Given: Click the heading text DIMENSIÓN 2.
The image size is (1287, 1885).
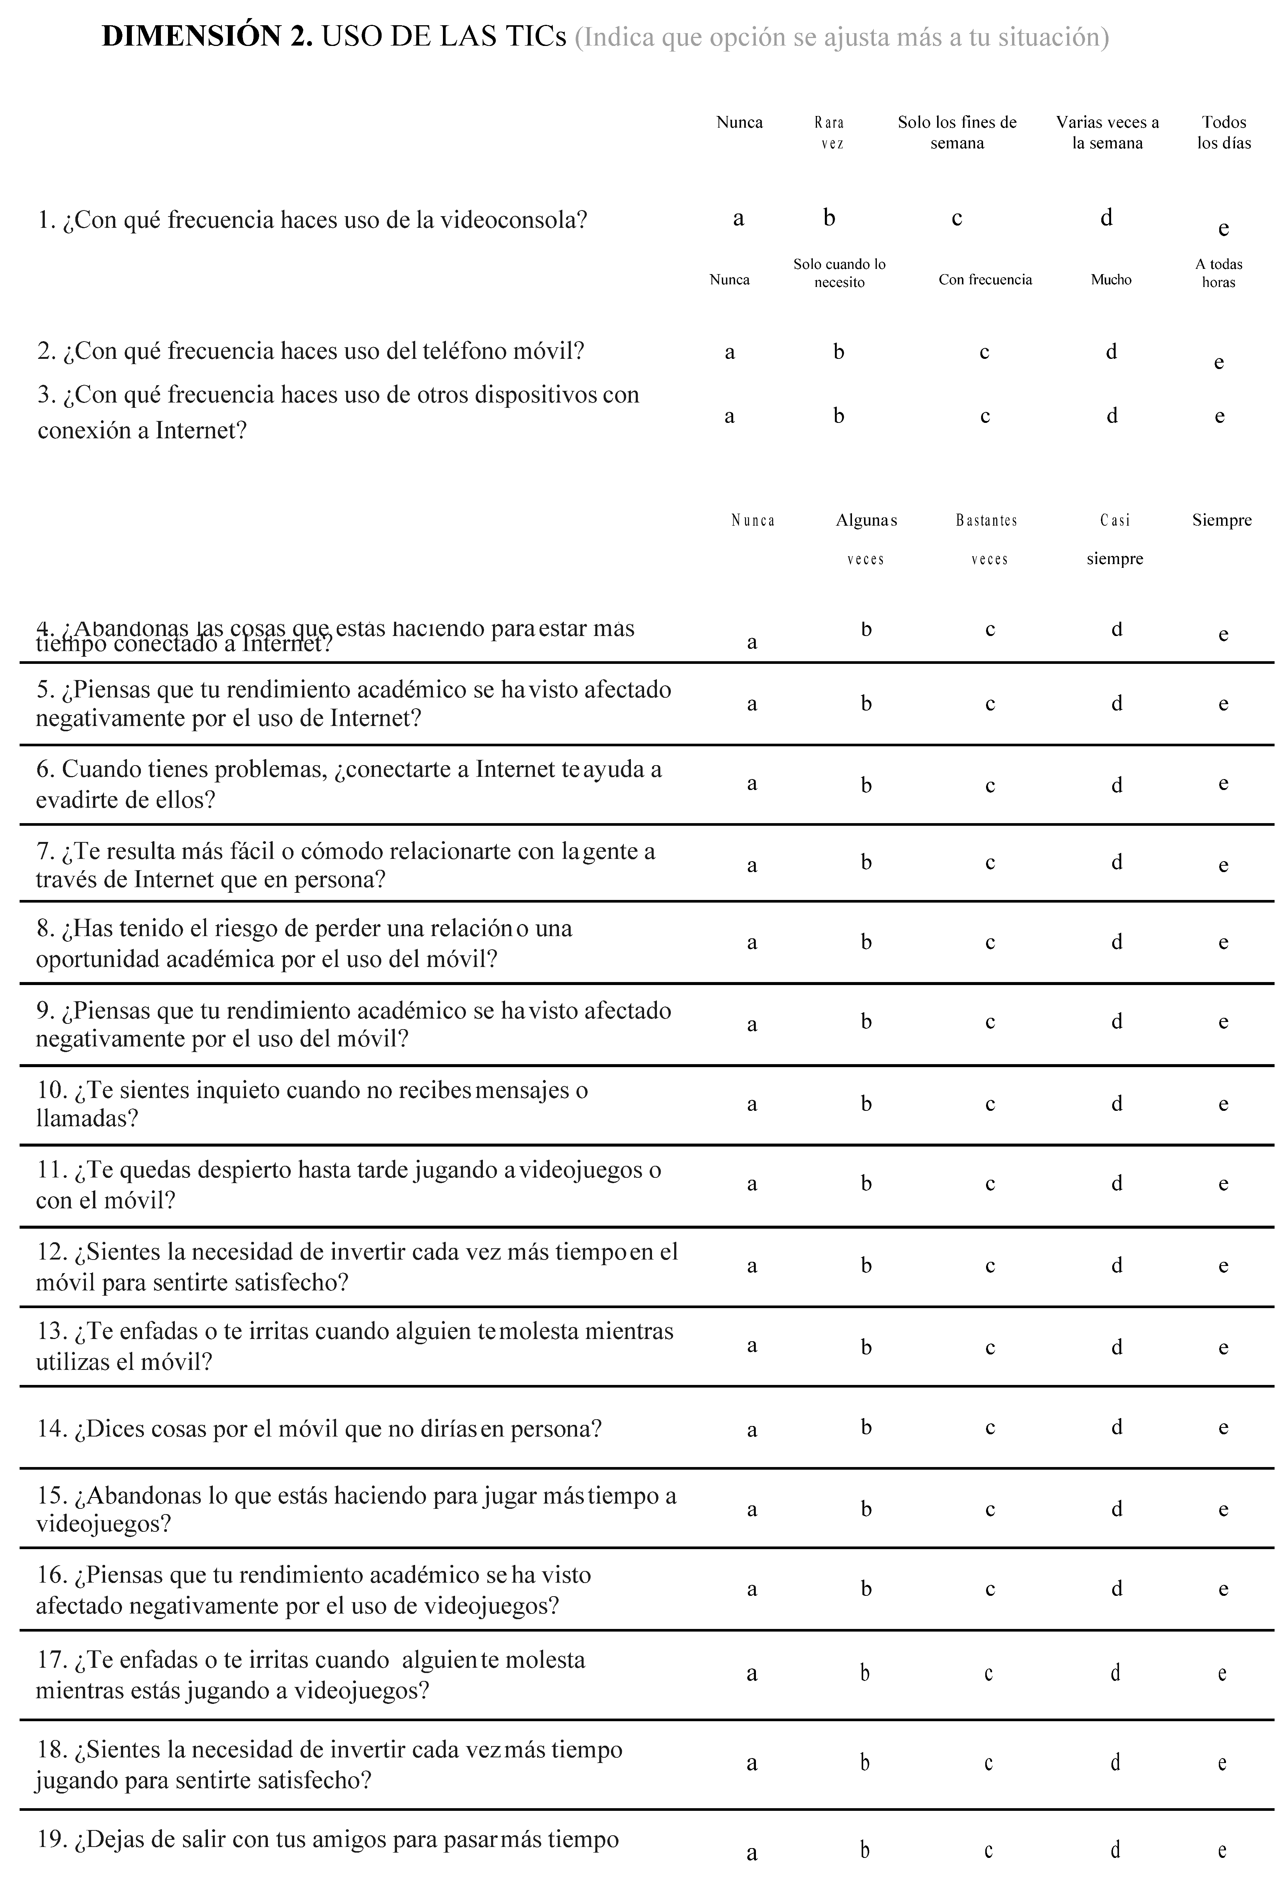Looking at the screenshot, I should (207, 37).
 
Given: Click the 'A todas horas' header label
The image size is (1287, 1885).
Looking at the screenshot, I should (1219, 273).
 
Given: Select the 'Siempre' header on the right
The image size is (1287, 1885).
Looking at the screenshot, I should (1221, 521).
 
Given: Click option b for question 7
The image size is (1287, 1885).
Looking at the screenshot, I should (866, 862).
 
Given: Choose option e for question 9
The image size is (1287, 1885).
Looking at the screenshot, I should (1223, 1022).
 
